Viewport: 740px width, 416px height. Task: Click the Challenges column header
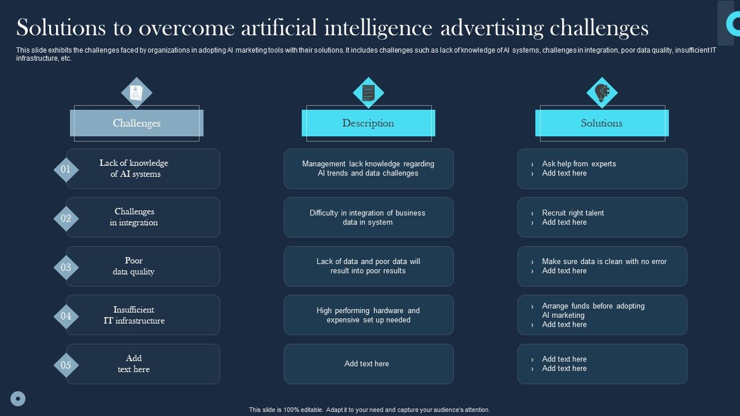136,123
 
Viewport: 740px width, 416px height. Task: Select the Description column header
368,123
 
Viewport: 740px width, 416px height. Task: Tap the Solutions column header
602,123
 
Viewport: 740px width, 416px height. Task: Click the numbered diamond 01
66,169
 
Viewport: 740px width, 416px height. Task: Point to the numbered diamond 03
66,268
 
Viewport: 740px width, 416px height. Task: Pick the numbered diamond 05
66,365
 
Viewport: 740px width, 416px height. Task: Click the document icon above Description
368,92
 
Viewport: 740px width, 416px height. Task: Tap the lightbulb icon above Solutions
602,92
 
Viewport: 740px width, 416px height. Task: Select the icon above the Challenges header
136,92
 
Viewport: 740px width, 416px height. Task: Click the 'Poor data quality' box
143,266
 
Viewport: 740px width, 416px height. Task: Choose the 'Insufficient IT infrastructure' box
143,315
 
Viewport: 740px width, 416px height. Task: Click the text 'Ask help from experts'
579,164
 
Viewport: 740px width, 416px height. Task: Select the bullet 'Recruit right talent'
573,213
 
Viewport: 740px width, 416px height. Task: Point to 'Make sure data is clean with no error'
604,262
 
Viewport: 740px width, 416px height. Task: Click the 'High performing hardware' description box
368,315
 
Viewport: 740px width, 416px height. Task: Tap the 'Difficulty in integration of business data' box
368,217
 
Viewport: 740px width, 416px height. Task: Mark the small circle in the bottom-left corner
18,398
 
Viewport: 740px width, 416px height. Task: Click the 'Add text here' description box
368,364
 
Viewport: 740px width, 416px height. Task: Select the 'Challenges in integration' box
143,217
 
